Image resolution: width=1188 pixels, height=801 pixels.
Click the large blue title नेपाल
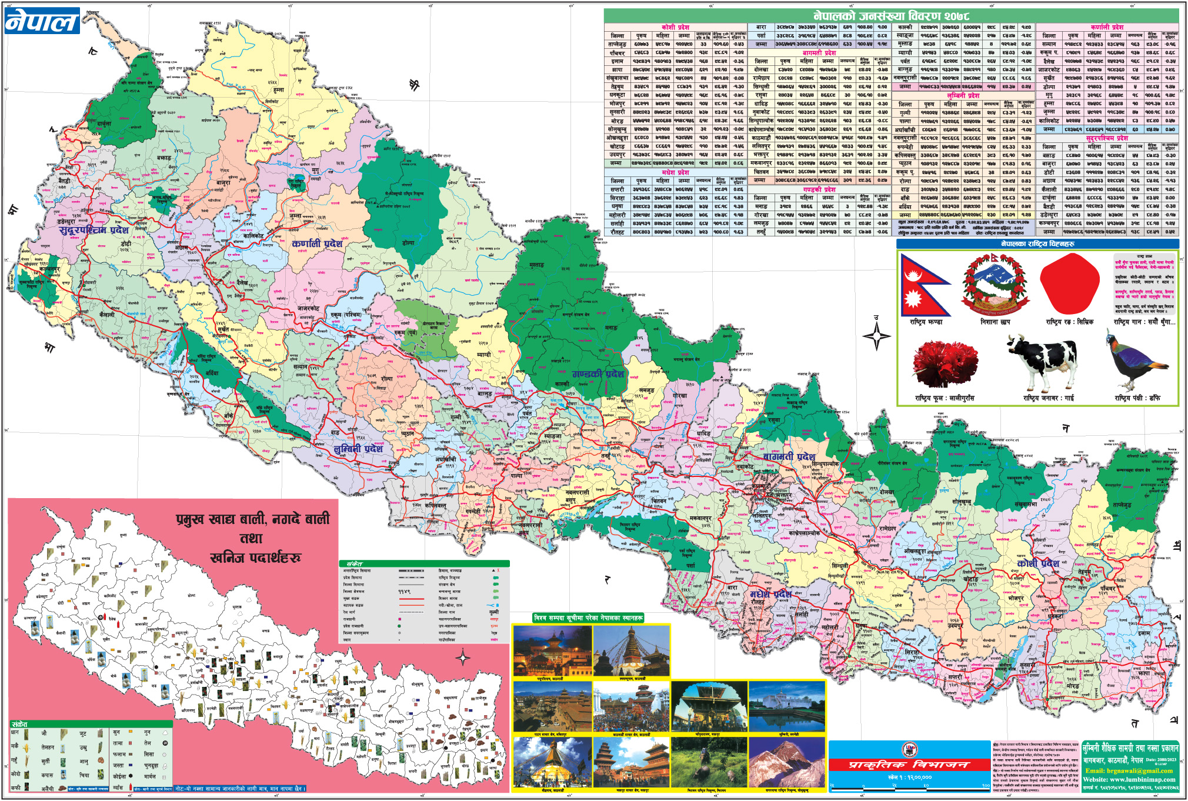(42, 21)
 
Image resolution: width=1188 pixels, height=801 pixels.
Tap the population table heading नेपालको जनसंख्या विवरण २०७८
(890, 16)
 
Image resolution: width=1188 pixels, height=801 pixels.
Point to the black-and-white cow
(1043, 361)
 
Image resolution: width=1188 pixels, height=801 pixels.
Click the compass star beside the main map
(876, 336)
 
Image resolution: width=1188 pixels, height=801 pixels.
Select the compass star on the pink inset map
(463, 657)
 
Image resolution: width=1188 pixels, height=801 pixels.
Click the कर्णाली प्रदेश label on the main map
(317, 243)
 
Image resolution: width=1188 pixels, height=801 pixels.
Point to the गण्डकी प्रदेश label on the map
(598, 374)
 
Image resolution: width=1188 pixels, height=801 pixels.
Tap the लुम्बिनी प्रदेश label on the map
(358, 449)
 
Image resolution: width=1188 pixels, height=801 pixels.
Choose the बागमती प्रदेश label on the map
(789, 456)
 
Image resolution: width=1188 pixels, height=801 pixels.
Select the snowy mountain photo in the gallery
(786, 763)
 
